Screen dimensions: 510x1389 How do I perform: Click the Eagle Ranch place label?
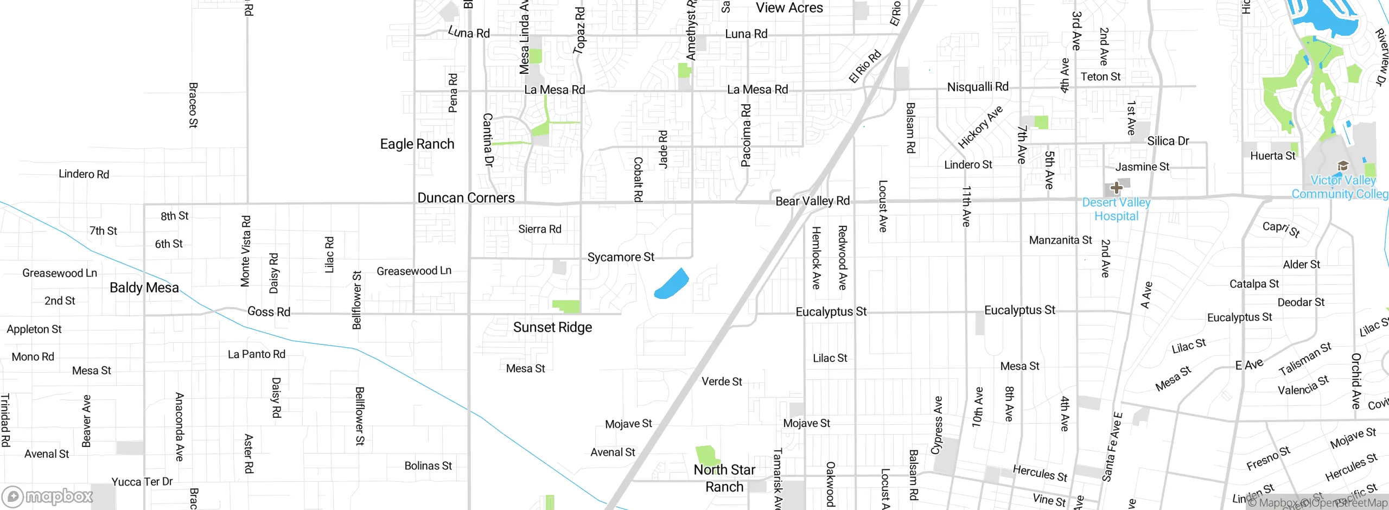tap(417, 144)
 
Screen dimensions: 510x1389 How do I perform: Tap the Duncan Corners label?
tap(466, 198)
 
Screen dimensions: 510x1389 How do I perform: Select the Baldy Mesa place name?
tap(144, 288)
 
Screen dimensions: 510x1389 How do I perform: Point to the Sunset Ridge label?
tap(552, 327)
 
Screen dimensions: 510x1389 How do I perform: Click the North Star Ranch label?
tap(724, 478)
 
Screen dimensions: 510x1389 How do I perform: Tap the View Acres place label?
tap(789, 8)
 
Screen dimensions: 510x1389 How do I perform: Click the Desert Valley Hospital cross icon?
tap(1116, 188)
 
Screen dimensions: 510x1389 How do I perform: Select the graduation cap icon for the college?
tap(1343, 165)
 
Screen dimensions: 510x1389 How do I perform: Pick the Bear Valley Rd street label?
tap(812, 201)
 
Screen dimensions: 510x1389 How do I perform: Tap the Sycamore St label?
tap(621, 257)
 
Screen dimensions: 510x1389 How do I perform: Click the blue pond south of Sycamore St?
tap(672, 284)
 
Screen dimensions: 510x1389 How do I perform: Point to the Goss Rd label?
tap(269, 312)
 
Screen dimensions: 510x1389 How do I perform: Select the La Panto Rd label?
tap(256, 354)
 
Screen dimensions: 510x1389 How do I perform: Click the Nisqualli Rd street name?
tap(977, 87)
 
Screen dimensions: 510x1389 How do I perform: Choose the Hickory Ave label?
tap(980, 127)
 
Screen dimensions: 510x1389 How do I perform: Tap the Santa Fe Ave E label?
tap(1112, 447)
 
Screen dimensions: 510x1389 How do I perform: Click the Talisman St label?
tap(1305, 359)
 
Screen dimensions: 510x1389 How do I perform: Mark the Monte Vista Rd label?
tap(246, 251)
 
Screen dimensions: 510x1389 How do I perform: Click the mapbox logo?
tap(48, 496)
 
